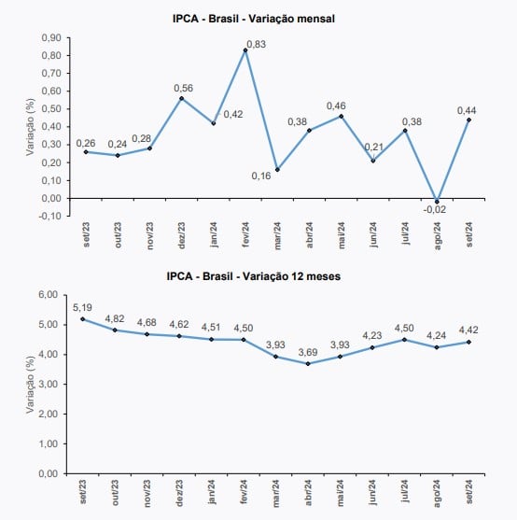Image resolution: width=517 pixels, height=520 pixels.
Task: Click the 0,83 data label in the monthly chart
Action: point(257,44)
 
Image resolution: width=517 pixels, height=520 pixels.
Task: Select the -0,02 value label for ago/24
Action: point(435,210)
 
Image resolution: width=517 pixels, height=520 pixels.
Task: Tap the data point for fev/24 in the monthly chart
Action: point(245,50)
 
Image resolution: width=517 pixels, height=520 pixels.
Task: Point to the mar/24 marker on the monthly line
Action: point(277,170)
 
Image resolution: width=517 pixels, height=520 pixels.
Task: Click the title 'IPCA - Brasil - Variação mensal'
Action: point(254,19)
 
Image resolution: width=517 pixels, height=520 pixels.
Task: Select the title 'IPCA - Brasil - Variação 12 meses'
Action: point(254,276)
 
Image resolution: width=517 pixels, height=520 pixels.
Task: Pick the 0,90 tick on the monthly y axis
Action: point(51,37)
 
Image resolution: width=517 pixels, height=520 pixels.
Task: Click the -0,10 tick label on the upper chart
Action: point(50,216)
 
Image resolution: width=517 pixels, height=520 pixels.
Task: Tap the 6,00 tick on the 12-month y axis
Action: point(49,294)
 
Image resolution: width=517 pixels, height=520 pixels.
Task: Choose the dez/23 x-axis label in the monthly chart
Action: point(182,235)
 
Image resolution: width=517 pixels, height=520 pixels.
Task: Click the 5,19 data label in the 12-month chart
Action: point(82,308)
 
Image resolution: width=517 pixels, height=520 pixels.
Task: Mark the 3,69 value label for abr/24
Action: point(308,352)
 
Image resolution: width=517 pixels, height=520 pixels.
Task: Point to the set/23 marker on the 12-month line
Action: point(83,319)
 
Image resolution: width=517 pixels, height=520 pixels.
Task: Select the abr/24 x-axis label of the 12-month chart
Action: point(308,493)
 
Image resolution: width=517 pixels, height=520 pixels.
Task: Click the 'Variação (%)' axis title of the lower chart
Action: point(30,385)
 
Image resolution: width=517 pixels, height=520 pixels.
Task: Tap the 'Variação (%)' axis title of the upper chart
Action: point(30,127)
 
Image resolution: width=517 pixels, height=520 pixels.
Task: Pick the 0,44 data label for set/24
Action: point(467,110)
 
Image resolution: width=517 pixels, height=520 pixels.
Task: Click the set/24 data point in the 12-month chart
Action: point(469,342)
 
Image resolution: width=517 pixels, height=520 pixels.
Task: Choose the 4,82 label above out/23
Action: point(115,318)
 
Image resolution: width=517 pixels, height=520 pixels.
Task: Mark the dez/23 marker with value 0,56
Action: point(181,98)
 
